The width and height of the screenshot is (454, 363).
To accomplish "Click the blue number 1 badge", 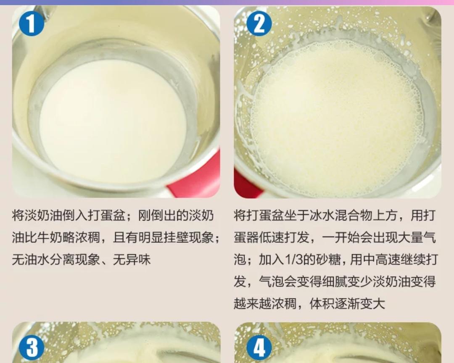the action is [x=31, y=24].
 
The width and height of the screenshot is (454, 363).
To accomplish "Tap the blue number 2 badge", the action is [x=259, y=24].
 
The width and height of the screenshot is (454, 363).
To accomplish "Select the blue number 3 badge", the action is [x=31, y=347].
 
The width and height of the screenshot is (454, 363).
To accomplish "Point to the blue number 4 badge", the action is [x=259, y=347].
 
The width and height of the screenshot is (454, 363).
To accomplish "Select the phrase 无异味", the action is [x=132, y=260].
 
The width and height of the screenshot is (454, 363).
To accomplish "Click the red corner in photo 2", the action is [x=246, y=185].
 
